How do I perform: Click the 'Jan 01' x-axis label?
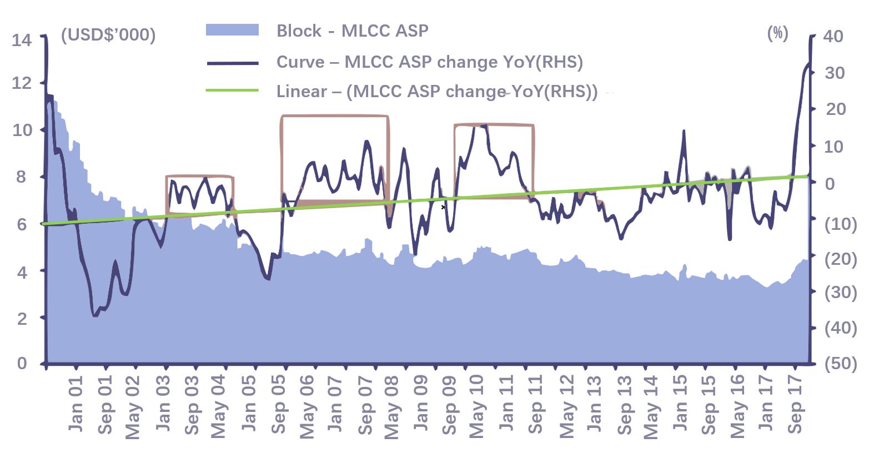76,404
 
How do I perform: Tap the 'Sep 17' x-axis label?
796,404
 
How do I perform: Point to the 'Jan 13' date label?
594,404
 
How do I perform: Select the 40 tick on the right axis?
833,36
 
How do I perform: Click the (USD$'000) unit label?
108,35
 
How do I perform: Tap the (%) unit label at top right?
777,33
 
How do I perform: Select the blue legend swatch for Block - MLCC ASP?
232,30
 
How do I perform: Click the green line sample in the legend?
232,90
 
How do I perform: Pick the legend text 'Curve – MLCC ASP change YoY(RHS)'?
429,62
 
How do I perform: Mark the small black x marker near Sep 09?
443,207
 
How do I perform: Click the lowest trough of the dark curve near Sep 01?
95,315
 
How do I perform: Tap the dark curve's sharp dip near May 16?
729,239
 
